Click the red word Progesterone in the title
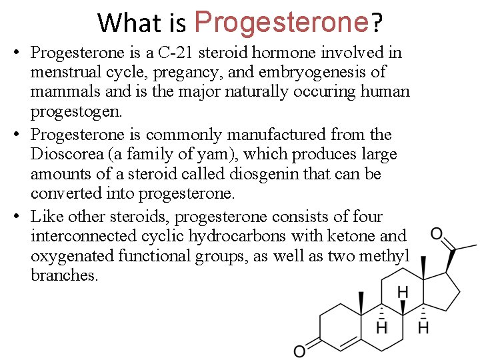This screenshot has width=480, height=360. tap(281, 23)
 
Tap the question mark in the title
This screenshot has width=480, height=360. tap(377, 23)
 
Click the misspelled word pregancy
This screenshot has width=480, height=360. tap(185, 72)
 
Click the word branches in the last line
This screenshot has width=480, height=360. tap(64, 275)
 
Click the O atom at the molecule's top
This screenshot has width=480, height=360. tap(437, 234)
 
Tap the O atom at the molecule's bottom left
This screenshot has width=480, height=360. tap(299, 351)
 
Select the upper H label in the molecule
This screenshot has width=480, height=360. tap(403, 292)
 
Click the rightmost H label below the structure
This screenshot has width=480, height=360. tap(423, 327)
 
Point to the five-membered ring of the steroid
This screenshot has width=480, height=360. tap(441, 293)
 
